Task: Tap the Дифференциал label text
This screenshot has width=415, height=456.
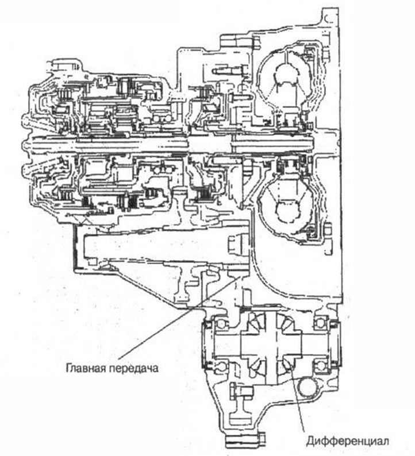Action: [348, 441]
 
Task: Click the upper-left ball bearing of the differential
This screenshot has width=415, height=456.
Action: [220, 323]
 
